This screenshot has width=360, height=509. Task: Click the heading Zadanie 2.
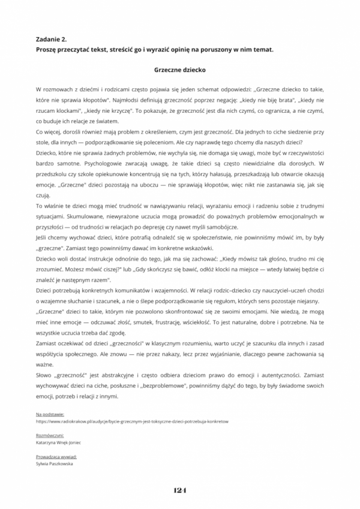click(51, 38)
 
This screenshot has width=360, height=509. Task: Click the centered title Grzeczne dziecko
click(179, 69)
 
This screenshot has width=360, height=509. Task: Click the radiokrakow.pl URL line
click(132, 421)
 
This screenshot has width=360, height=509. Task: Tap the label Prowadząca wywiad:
click(56, 457)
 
